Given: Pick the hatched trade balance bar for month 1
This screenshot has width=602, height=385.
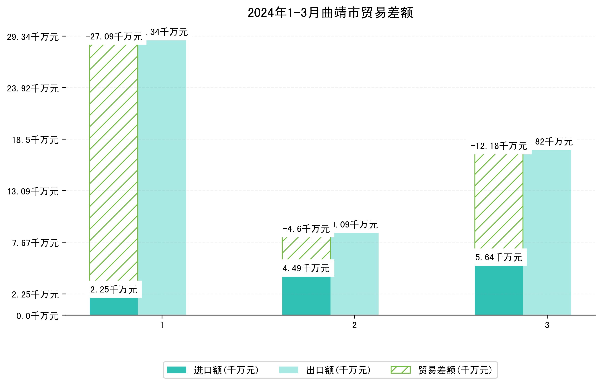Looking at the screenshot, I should point(114,163).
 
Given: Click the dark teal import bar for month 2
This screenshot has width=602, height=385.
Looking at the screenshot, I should point(306,296).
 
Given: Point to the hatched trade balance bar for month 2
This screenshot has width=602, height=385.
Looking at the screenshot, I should point(306,248).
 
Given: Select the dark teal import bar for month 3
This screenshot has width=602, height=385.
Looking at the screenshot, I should point(499,290).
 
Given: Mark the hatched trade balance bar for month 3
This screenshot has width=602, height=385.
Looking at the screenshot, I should point(499,201).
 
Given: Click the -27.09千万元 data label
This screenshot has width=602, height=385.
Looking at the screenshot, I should point(114,37).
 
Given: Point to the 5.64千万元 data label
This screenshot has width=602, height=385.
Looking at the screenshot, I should point(499,257).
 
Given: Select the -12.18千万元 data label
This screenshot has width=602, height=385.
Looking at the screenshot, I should point(499,146).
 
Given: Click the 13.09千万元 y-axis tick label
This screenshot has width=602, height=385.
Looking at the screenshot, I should point(33,192).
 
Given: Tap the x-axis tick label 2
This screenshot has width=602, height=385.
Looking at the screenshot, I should point(354,325).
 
